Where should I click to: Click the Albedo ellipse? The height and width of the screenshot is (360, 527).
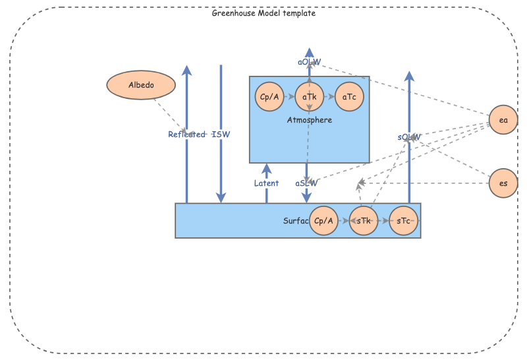(141, 85)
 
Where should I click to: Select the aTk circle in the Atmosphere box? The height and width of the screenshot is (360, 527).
(310, 97)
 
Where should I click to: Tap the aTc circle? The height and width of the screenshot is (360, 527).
(349, 97)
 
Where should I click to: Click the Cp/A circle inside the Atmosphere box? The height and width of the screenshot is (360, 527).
(269, 97)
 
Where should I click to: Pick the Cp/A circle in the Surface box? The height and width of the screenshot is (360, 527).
(323, 221)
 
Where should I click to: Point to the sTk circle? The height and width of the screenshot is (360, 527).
(363, 221)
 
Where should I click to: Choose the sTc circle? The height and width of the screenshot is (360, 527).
(403, 221)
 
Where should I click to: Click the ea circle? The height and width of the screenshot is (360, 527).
(503, 121)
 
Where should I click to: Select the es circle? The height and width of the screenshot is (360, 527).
(503, 183)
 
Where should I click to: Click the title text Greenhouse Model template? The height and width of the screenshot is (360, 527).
(263, 13)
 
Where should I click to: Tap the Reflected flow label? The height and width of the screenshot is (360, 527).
(186, 135)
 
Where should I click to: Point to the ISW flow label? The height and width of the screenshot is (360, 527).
(221, 135)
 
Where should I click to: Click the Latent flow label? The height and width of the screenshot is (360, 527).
(266, 183)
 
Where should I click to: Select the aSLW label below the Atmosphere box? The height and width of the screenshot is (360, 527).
(306, 183)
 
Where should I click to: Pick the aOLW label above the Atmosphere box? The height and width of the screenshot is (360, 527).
(309, 62)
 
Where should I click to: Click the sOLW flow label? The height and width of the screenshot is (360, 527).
(409, 137)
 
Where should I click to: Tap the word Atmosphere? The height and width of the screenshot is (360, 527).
(310, 120)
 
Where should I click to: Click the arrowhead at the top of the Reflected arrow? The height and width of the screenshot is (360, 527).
(187, 71)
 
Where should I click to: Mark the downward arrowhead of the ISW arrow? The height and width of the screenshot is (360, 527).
(221, 198)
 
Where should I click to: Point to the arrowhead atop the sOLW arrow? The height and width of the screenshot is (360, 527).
(409, 76)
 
